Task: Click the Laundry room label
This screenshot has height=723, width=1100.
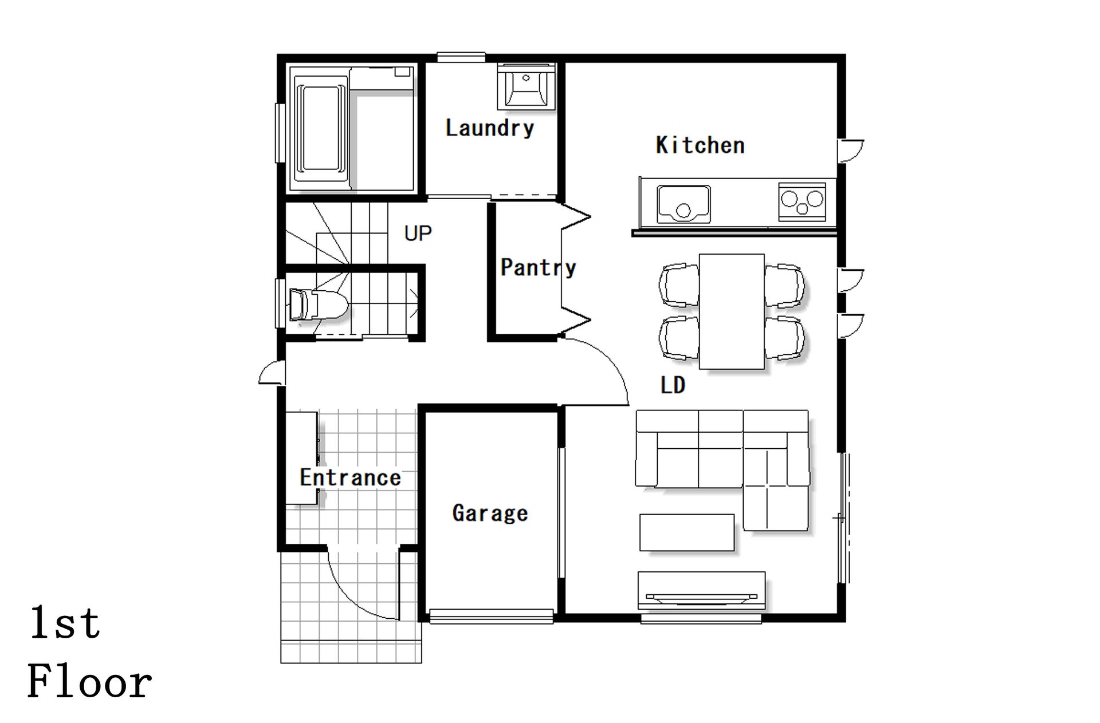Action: [x=489, y=128]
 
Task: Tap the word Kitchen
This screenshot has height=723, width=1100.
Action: [x=700, y=145]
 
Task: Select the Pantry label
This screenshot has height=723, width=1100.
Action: [x=538, y=267]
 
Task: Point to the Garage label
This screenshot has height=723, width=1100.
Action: [x=490, y=513]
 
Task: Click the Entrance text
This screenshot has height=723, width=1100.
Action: [x=350, y=477]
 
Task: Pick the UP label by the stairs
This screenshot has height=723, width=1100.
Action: [x=418, y=234]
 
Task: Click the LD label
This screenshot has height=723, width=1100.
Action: [x=673, y=385]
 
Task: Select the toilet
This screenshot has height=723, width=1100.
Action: [x=317, y=305]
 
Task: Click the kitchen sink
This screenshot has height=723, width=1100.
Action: [x=683, y=204]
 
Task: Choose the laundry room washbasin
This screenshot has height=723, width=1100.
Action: [x=526, y=86]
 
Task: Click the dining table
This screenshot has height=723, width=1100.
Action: [x=732, y=311]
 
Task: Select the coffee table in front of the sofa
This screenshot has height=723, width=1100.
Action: [x=687, y=532]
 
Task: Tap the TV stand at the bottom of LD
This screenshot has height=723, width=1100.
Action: [x=702, y=590]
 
